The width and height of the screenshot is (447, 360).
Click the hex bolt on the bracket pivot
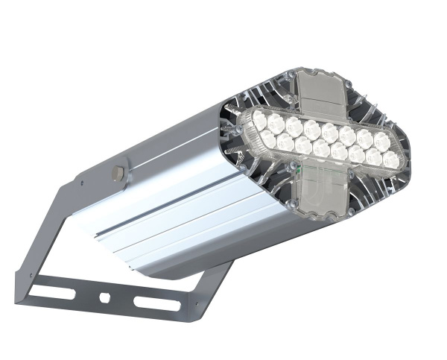(x=116, y=172)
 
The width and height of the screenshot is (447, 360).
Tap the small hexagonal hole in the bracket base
(x=104, y=297)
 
